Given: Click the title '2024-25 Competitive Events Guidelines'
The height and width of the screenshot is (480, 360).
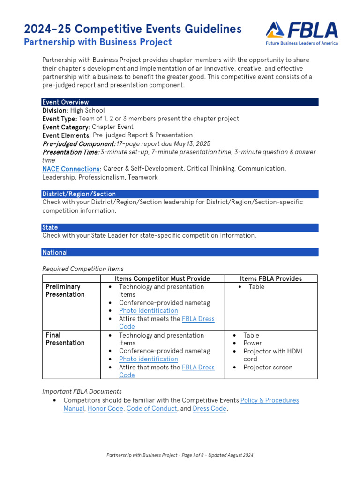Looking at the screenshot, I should click(x=133, y=29).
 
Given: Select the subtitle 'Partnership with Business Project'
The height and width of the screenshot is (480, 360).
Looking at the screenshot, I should click(x=97, y=42).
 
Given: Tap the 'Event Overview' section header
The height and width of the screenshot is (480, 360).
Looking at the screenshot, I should click(x=66, y=102).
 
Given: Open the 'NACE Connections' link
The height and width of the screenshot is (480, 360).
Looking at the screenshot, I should click(x=71, y=169).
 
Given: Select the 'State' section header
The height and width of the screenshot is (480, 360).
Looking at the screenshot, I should click(x=50, y=227).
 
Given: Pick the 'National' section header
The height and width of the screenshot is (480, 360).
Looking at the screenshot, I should click(x=55, y=253).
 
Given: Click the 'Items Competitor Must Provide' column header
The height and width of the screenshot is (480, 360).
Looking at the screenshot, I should click(x=162, y=278).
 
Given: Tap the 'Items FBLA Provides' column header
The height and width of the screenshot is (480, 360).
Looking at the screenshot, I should click(x=271, y=278).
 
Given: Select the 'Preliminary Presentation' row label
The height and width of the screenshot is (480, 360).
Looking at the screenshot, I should click(x=65, y=291).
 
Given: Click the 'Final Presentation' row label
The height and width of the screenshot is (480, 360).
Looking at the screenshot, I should click(x=65, y=339).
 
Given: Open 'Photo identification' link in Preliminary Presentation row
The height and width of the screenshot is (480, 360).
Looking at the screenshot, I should click(x=148, y=311).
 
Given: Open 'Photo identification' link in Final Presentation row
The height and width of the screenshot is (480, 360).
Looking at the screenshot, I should click(x=148, y=359).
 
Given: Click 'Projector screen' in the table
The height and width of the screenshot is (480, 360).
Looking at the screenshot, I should click(x=268, y=367).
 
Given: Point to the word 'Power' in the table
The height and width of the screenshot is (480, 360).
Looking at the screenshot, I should click(x=253, y=343).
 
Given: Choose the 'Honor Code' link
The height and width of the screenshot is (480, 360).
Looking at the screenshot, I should click(x=105, y=409).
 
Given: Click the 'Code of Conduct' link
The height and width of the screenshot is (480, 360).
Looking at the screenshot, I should click(x=151, y=409).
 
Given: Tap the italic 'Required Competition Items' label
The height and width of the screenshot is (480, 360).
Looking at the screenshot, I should click(x=83, y=269).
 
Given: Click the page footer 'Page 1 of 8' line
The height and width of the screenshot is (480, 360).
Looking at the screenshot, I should click(x=180, y=455).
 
